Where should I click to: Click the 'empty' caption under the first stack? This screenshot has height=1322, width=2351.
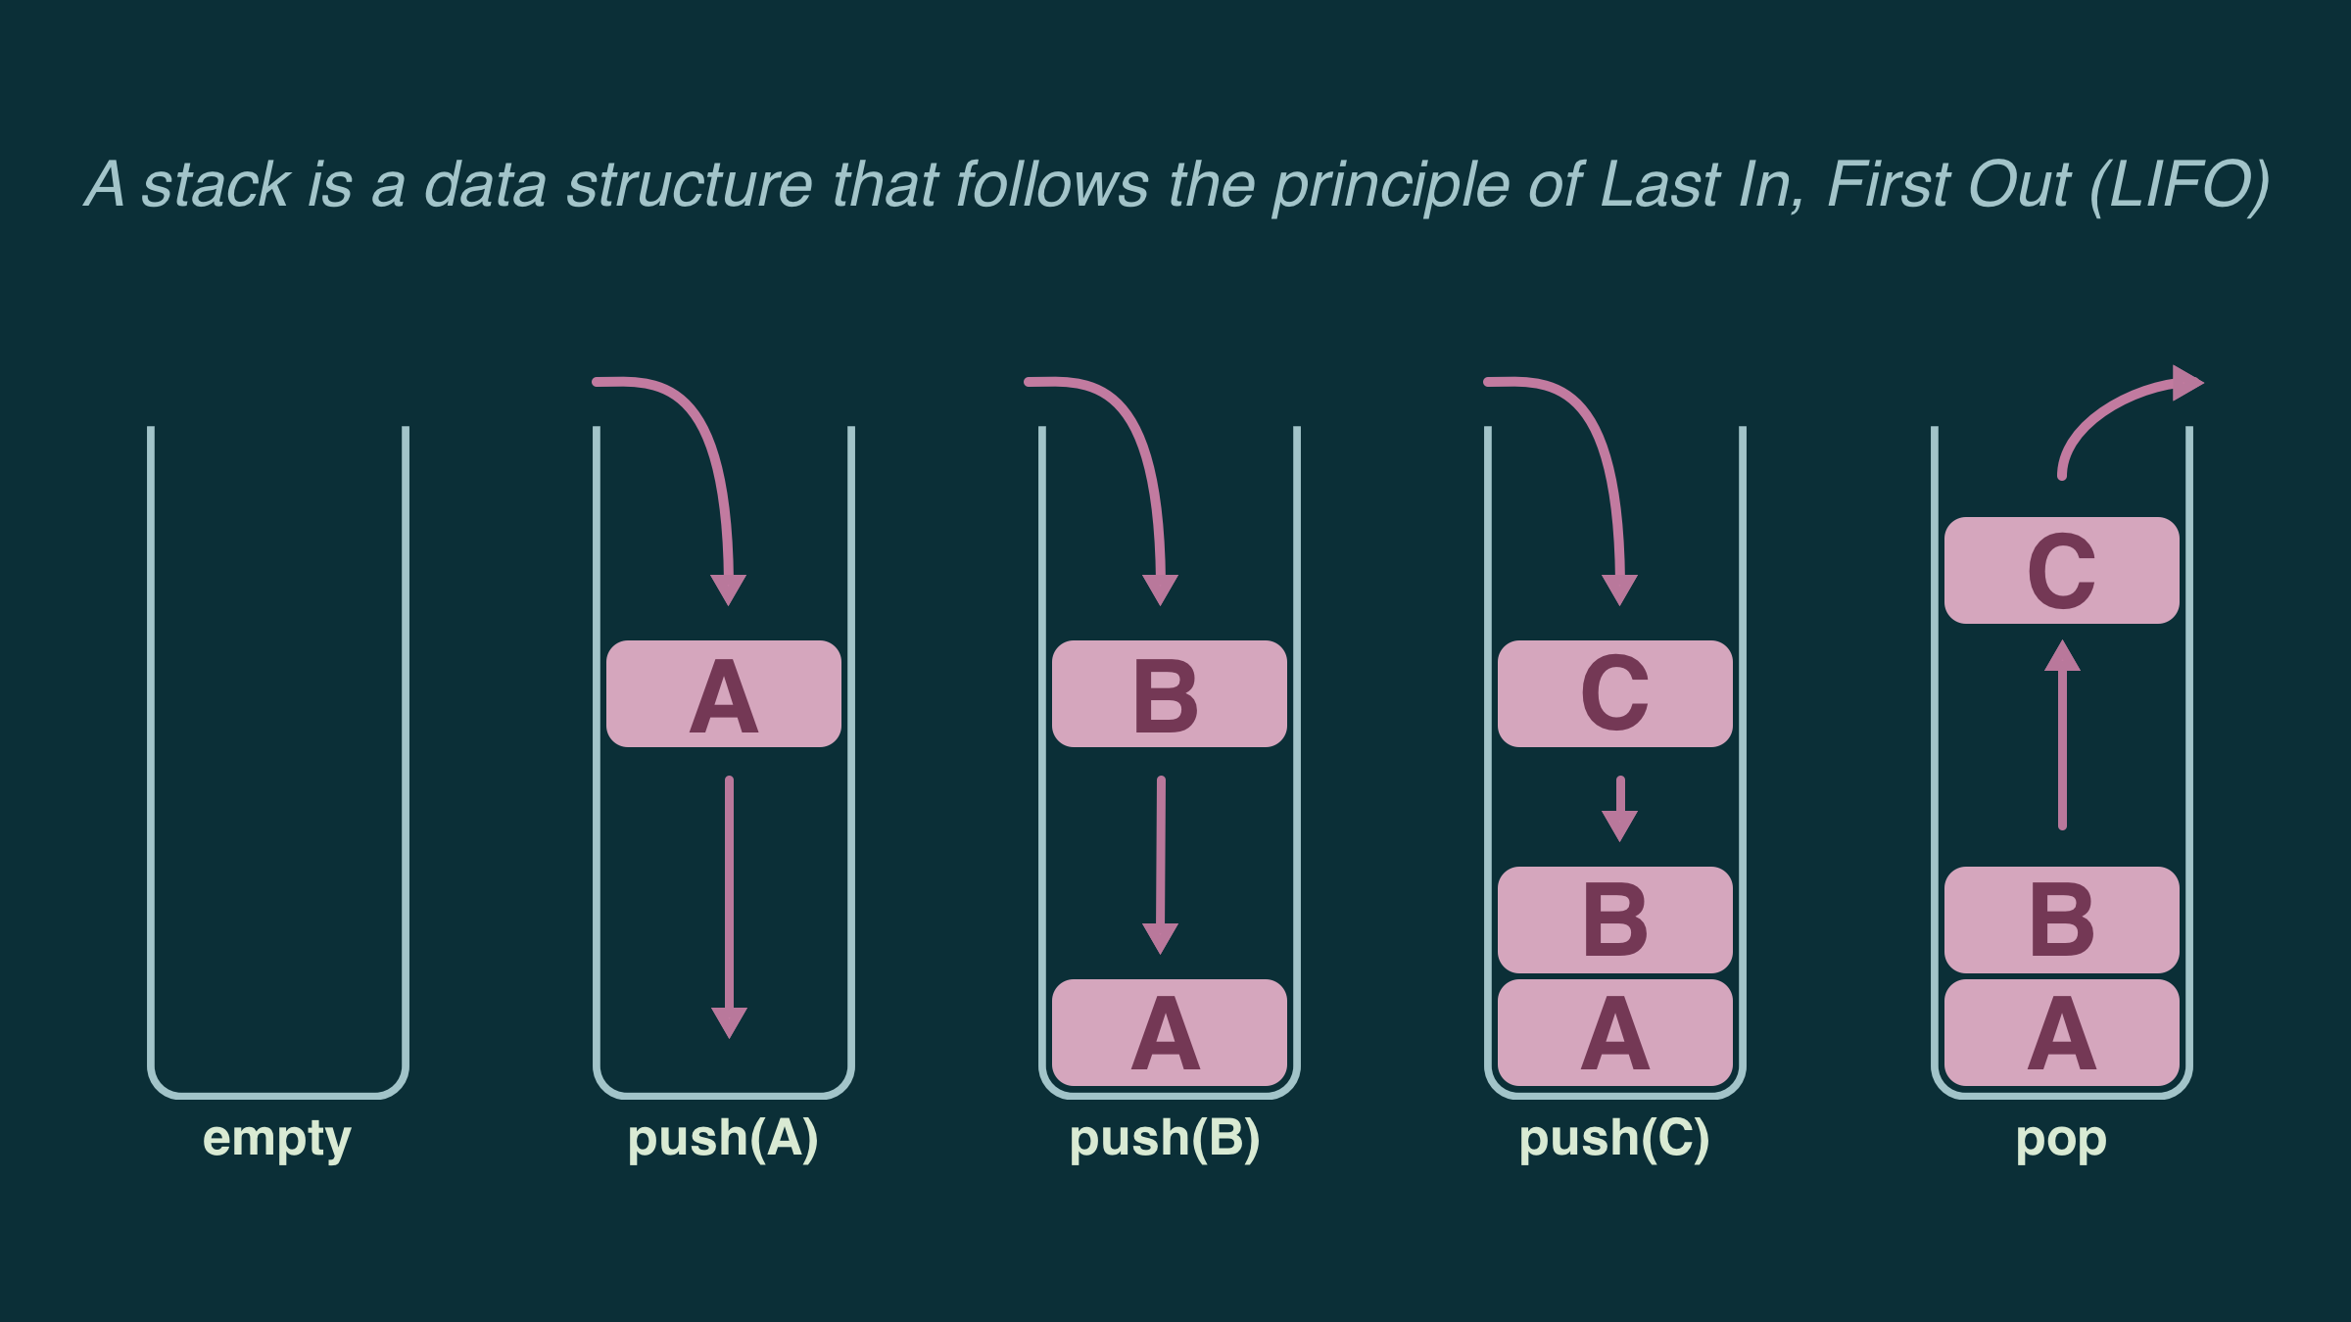[x=276, y=1139]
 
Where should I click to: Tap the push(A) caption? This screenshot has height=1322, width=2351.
[x=723, y=1139]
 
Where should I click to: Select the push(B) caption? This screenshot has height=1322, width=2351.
[x=1165, y=1139]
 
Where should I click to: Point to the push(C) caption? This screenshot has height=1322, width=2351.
[x=1614, y=1139]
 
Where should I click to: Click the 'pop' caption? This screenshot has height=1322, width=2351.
[x=2061, y=1139]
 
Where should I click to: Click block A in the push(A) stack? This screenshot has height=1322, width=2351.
[x=724, y=694]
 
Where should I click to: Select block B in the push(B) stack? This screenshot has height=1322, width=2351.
[x=1169, y=694]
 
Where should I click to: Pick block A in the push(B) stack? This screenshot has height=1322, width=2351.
[x=1169, y=1032]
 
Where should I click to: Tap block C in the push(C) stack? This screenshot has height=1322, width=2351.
[x=1615, y=694]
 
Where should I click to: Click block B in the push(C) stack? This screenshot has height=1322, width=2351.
[x=1615, y=920]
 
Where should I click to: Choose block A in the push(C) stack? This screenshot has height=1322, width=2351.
[x=1615, y=1032]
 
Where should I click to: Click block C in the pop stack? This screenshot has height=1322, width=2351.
[x=2062, y=570]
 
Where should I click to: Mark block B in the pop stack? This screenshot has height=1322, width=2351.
[x=2062, y=920]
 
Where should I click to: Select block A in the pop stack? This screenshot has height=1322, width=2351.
[x=2062, y=1032]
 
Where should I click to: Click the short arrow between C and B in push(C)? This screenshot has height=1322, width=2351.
[x=1620, y=809]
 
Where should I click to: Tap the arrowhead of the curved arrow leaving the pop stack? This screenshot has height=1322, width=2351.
[x=2186, y=383]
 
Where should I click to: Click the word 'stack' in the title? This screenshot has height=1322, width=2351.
[x=216, y=185]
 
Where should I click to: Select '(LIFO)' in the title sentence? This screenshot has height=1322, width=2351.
[x=2179, y=185]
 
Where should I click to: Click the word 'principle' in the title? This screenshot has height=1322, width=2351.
[x=1391, y=185]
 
